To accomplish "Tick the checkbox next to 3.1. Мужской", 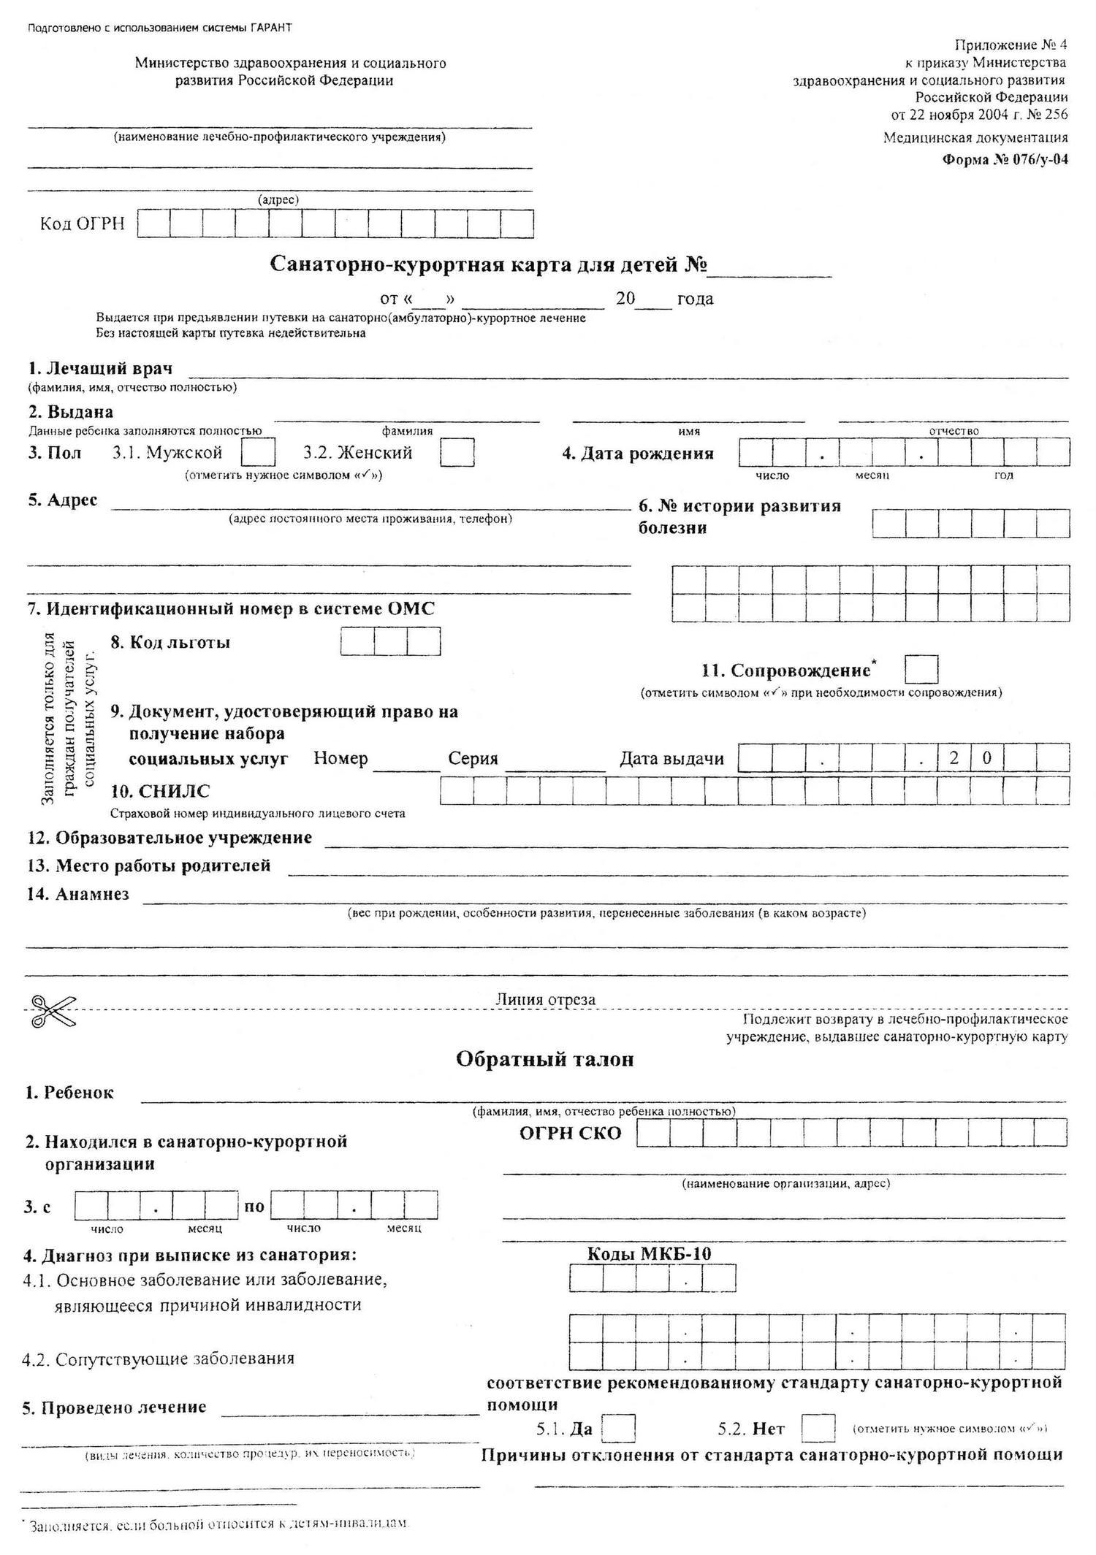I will tap(258, 452).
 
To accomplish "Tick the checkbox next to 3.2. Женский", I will tap(457, 452).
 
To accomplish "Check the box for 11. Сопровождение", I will tap(921, 669).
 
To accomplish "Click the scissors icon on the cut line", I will tap(52, 1011).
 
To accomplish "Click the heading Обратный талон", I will tap(544, 1059).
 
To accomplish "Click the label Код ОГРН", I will tap(82, 224).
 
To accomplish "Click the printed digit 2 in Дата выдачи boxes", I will tap(954, 758).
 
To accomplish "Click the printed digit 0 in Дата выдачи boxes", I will tap(987, 758).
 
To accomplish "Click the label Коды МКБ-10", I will tap(650, 1253).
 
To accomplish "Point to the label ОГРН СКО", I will tap(570, 1133).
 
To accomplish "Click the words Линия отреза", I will tap(545, 999).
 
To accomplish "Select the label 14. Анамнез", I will tap(78, 894).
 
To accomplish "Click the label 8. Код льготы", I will tap(170, 642).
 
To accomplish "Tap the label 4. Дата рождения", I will tap(637, 454).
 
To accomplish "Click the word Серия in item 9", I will tap(473, 758).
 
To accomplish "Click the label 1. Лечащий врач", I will tap(100, 368).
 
